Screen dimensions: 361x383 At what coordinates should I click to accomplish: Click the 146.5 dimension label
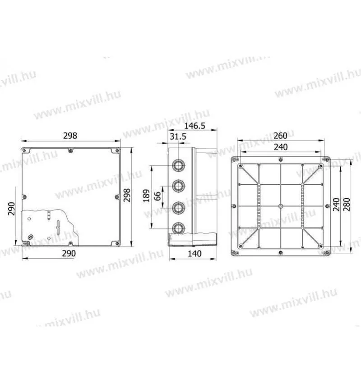point(194,126)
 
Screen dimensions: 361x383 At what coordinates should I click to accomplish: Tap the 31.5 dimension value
point(178,137)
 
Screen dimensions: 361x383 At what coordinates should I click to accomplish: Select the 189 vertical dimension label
point(146,196)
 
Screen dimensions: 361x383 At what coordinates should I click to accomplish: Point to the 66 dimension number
point(157,196)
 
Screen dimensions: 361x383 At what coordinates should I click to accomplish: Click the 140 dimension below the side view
point(194,254)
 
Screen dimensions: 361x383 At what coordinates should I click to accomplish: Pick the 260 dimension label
point(280,136)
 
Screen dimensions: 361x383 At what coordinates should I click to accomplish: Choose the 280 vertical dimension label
point(347,205)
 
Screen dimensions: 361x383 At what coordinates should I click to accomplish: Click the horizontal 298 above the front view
point(70,136)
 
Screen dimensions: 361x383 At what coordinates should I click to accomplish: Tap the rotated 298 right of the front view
point(127,195)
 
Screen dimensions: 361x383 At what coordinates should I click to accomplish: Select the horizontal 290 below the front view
point(69,253)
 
